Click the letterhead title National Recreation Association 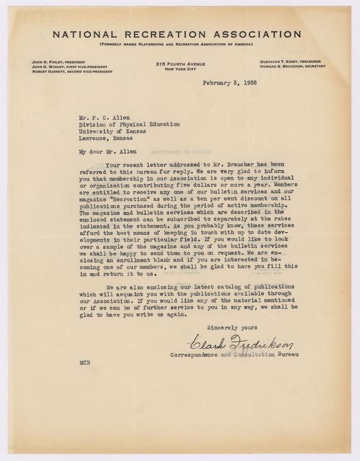(x=179, y=34)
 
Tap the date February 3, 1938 (x=230, y=83)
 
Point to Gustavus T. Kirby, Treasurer (x=291, y=62)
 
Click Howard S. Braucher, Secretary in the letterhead (x=292, y=67)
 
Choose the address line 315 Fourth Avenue (x=180, y=64)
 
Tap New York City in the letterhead (x=180, y=70)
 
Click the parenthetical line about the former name (x=179, y=46)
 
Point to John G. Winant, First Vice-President (x=66, y=67)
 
